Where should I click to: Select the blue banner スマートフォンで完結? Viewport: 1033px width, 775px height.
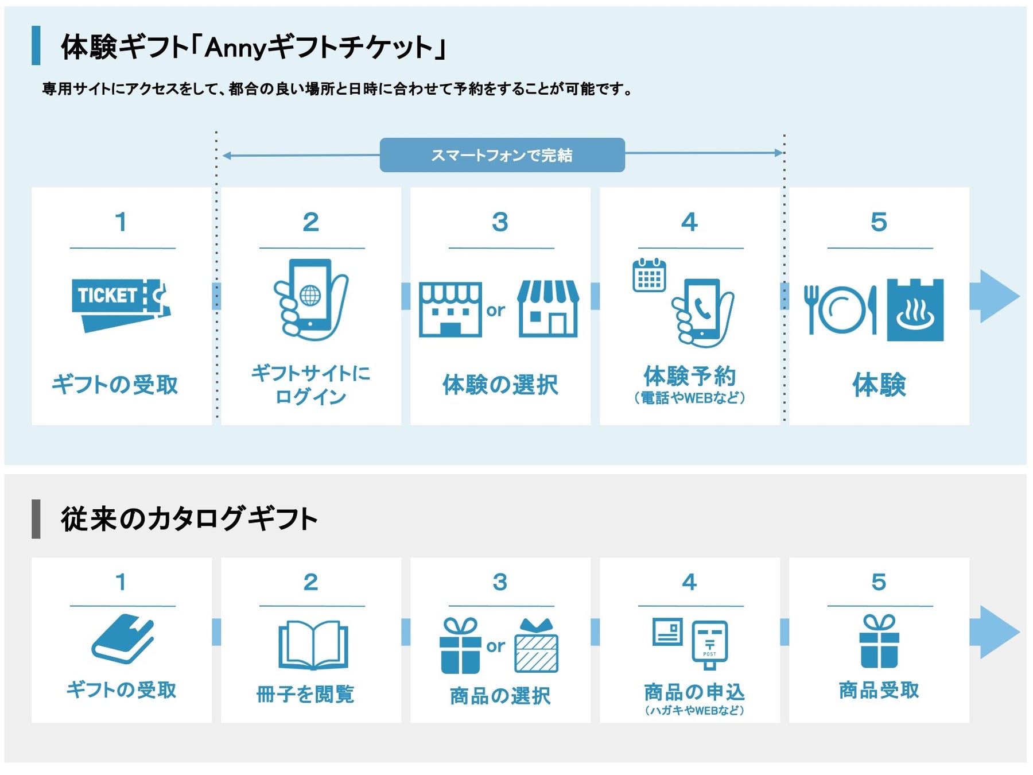(x=502, y=155)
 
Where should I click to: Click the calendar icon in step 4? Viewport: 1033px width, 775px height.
(x=649, y=276)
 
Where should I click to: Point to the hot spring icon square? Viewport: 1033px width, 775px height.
(x=915, y=310)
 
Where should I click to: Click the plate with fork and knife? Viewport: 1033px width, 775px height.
(x=841, y=310)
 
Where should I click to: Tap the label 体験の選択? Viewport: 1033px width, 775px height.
(x=500, y=385)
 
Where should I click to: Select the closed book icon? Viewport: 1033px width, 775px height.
(x=123, y=638)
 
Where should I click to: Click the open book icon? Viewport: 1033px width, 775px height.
(x=313, y=644)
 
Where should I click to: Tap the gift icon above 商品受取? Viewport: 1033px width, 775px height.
(x=879, y=641)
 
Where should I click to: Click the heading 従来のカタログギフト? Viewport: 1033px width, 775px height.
(x=189, y=519)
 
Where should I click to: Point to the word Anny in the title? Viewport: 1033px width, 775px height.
(x=235, y=48)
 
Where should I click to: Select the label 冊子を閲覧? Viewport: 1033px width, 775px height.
(x=305, y=694)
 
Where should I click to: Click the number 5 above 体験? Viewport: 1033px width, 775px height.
(x=879, y=222)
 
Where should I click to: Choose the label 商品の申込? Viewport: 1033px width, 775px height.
(x=694, y=692)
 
